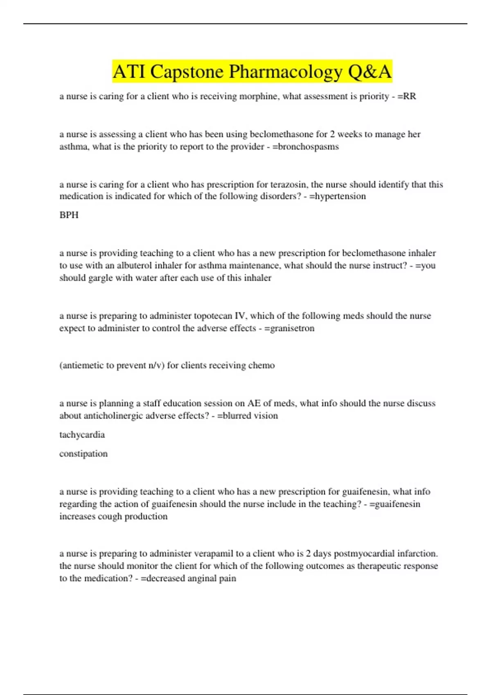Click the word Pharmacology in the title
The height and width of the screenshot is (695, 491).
[x=285, y=72]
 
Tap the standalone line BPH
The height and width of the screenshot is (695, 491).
[x=69, y=215]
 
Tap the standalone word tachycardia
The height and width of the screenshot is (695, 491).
[x=82, y=435]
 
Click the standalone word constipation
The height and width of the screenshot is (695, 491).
[x=83, y=454]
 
